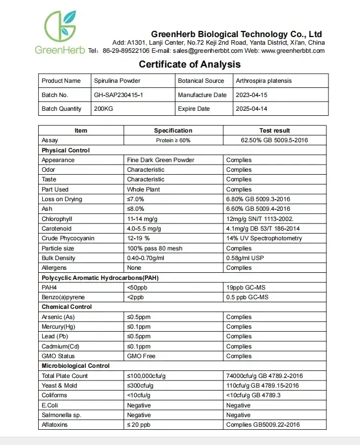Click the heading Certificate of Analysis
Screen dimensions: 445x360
pos(190,65)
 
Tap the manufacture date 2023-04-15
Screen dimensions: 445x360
pos(253,95)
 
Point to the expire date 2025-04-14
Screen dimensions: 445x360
pos(253,109)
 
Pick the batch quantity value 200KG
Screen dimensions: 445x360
pos(104,109)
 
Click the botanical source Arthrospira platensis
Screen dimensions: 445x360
pos(264,81)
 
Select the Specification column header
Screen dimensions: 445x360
pos(173,131)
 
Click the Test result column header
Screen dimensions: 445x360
pos(275,131)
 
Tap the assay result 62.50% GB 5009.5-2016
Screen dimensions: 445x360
pos(275,140)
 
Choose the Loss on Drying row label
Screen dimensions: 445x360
pos(62,199)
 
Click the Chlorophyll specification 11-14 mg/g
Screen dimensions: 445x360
pos(145,219)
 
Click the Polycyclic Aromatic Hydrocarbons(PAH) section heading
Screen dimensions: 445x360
pos(93,277)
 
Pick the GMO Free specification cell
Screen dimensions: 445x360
pos(141,356)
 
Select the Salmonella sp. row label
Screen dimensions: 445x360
pos(62,415)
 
